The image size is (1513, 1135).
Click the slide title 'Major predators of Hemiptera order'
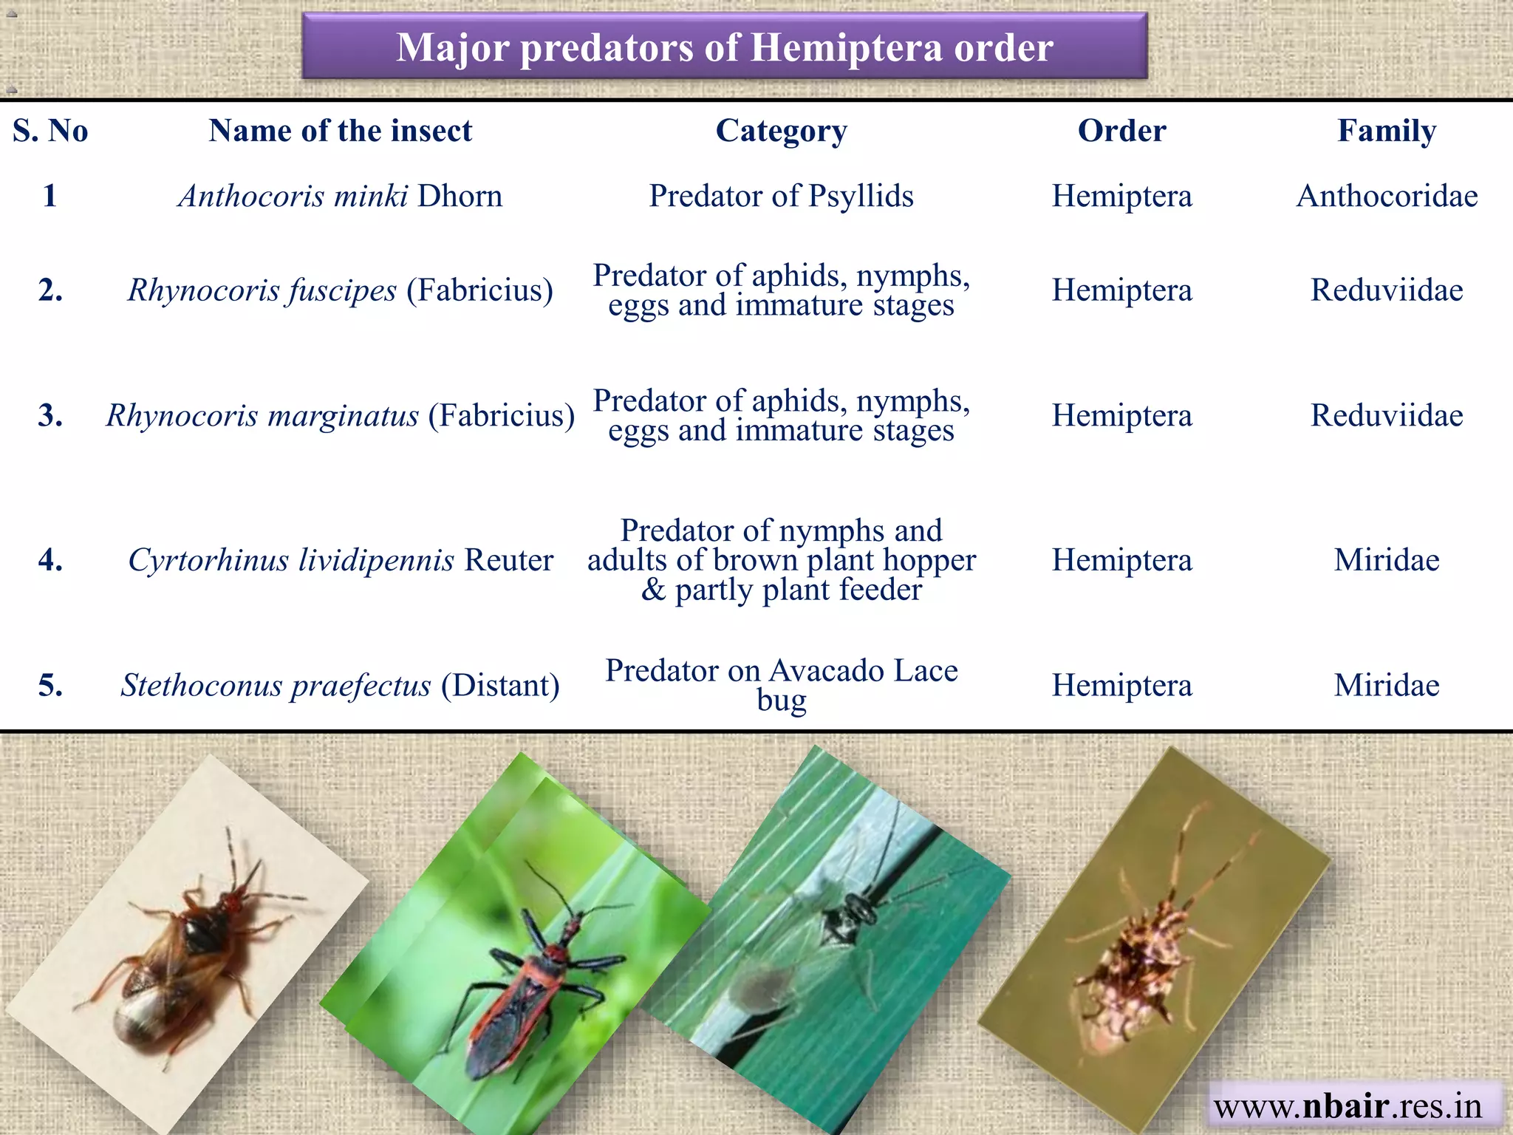pos(724,47)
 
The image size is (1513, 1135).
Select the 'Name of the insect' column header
pos(340,131)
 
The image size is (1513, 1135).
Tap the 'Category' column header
pos(781,131)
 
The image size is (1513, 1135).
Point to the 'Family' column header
pos(1387,131)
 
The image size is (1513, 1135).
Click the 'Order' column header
pos(1121,131)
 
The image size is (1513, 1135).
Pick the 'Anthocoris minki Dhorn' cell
pos(340,196)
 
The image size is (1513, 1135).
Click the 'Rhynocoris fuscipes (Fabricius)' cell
pos(340,290)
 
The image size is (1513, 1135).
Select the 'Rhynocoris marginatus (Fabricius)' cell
pos(340,415)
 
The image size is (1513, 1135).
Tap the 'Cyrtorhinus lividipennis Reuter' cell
pos(340,560)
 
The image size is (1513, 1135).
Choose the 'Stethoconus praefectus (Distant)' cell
pos(340,685)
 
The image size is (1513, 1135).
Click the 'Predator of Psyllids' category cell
pos(781,196)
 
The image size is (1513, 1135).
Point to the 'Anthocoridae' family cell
pos(1387,196)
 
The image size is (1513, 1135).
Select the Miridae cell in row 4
pos(1387,560)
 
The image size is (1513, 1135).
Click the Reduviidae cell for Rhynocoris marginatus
pos(1387,415)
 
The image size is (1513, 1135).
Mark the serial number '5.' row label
pos(50,685)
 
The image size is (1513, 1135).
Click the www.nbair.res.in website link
pos(1348,1105)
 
